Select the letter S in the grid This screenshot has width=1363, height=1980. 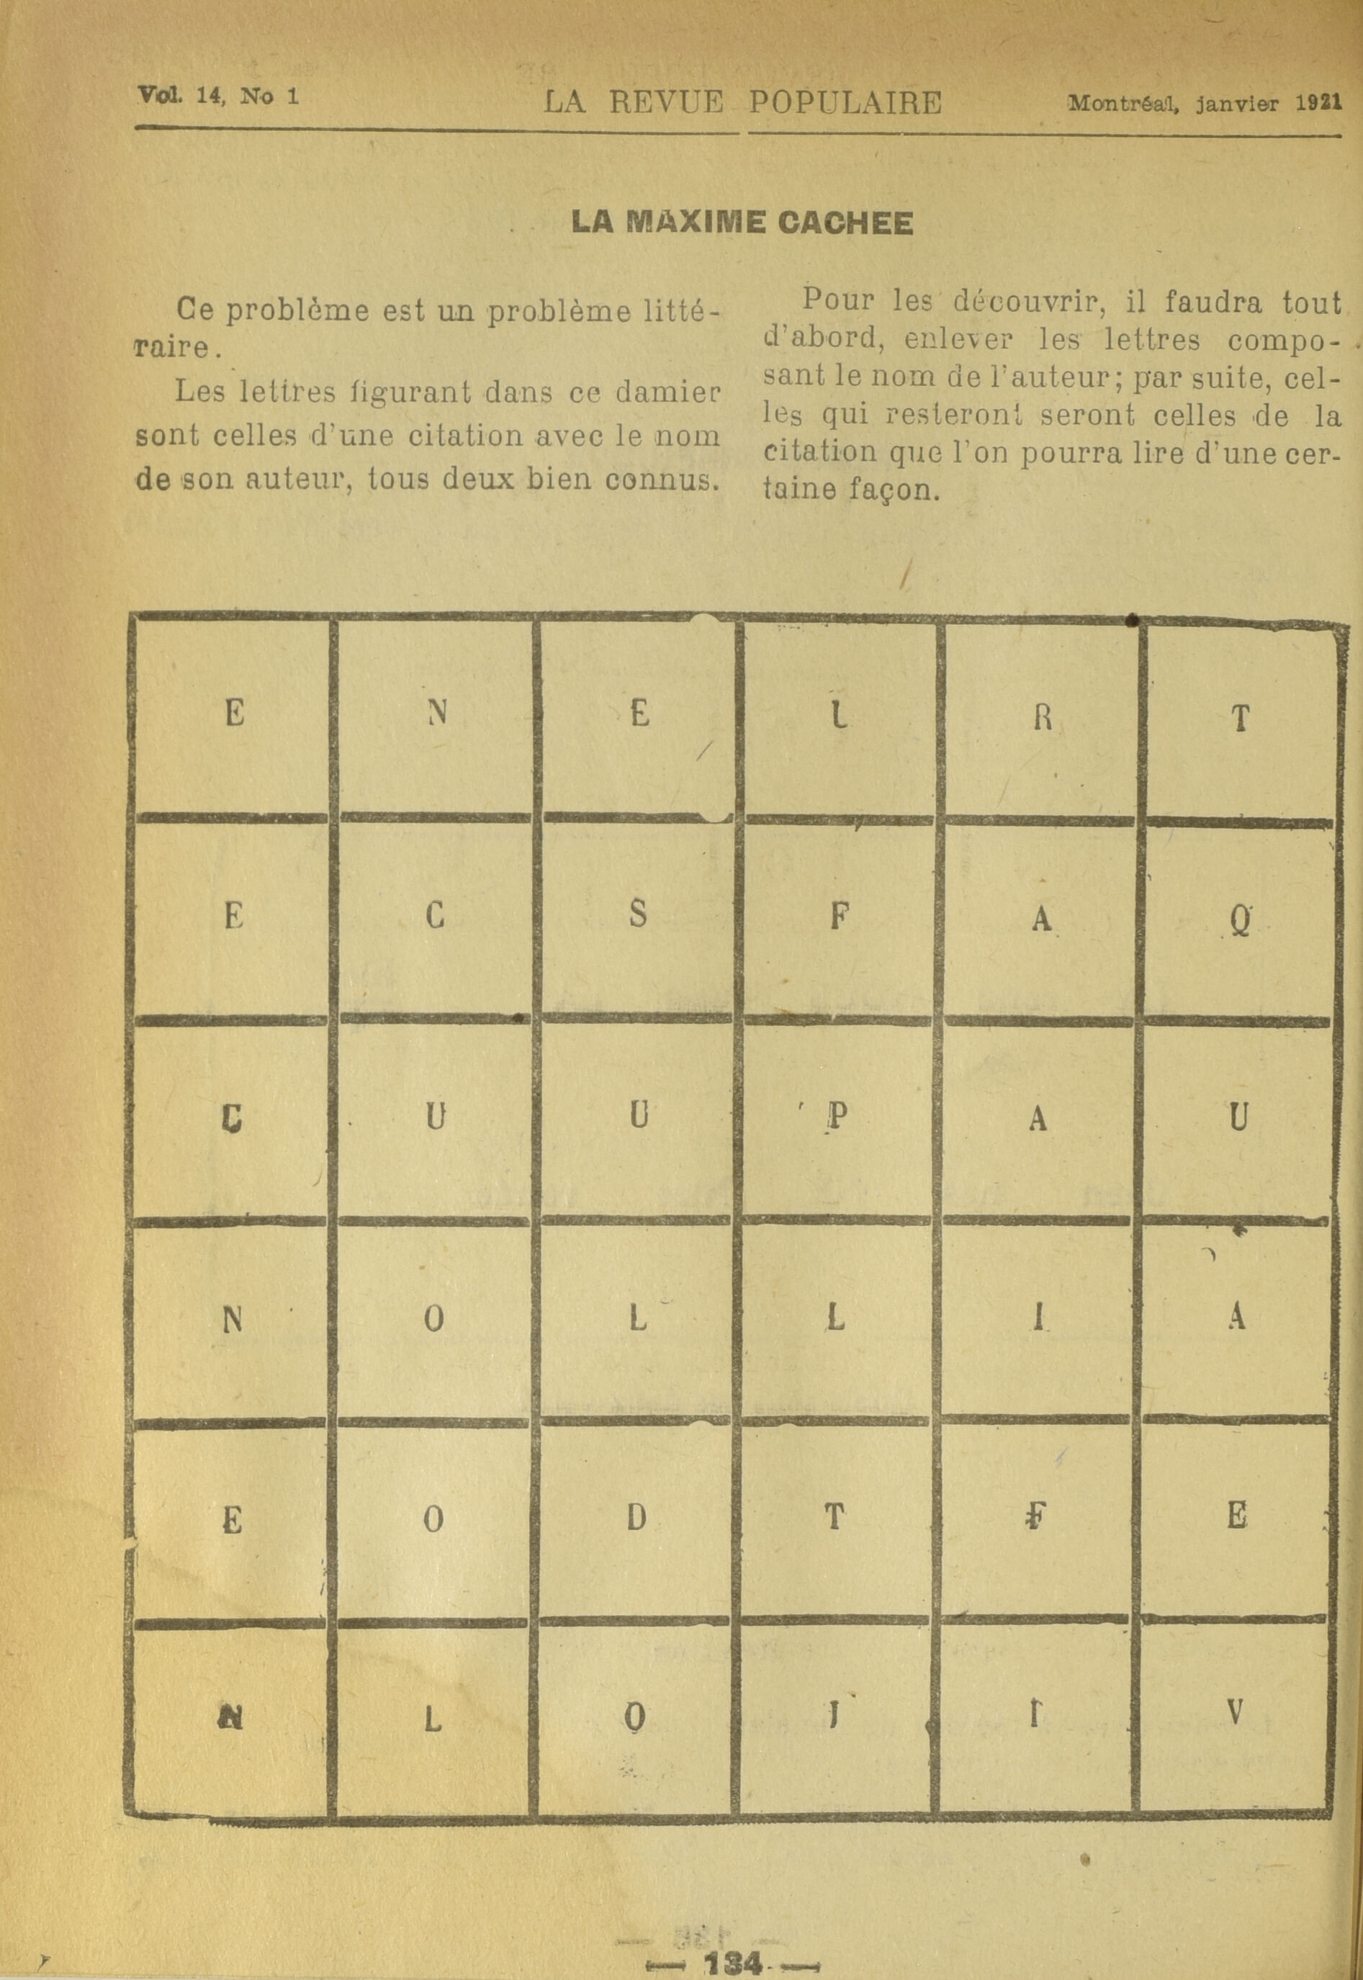638,915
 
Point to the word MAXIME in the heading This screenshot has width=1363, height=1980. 694,223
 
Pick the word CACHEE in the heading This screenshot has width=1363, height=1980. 845,223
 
